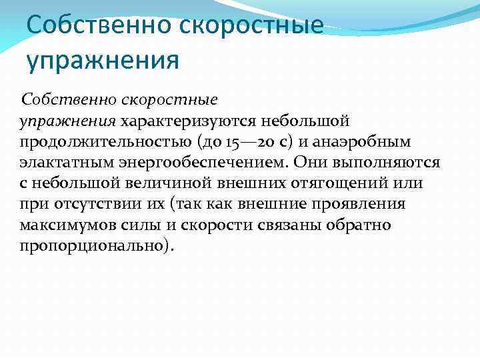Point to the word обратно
(x=359, y=225)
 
